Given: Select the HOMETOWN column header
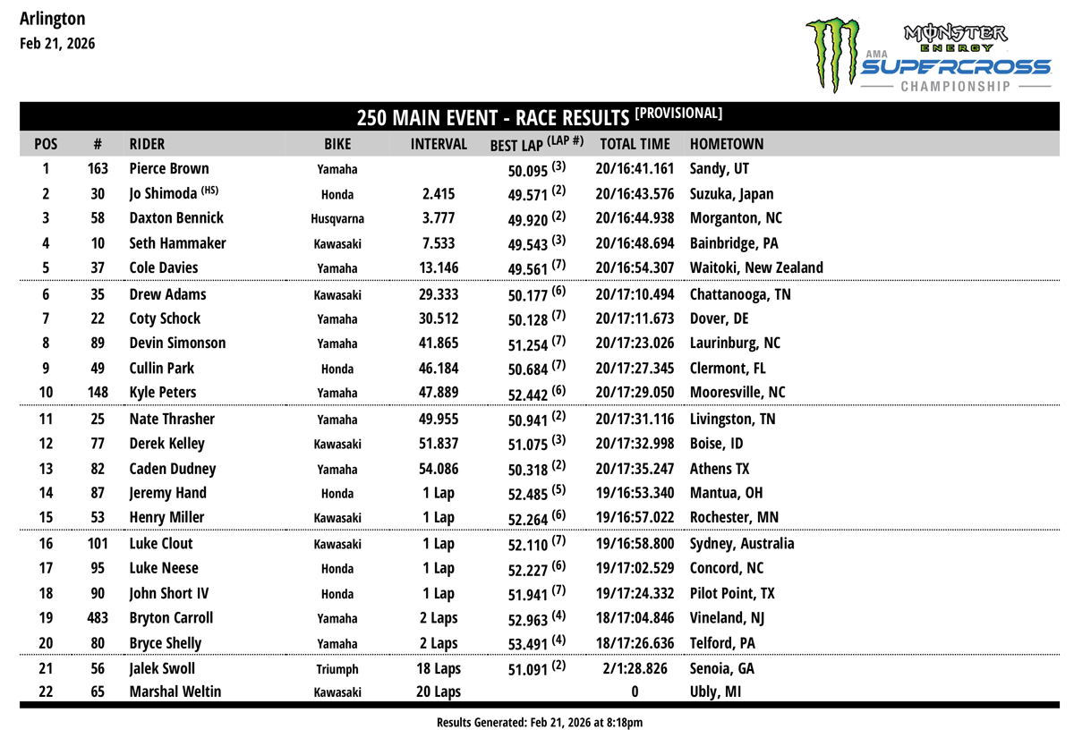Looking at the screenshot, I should tap(726, 143).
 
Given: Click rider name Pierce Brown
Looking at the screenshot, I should tap(169, 169).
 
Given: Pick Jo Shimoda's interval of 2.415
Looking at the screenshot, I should tap(439, 194).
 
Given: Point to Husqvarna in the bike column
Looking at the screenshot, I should tap(337, 219).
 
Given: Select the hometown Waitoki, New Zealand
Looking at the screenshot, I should tap(756, 267).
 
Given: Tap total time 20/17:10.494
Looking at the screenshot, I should tap(635, 294).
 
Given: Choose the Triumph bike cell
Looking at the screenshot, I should tap(337, 669).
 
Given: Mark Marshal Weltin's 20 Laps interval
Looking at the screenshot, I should tap(439, 691).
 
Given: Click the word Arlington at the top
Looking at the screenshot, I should tap(52, 19).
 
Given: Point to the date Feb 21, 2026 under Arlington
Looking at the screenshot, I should tap(56, 44).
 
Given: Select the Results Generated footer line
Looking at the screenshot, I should tap(540, 722).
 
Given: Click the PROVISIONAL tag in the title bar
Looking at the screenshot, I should tap(678, 114).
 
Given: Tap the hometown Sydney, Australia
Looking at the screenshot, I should tap(742, 544).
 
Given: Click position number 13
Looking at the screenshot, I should tap(47, 468).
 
